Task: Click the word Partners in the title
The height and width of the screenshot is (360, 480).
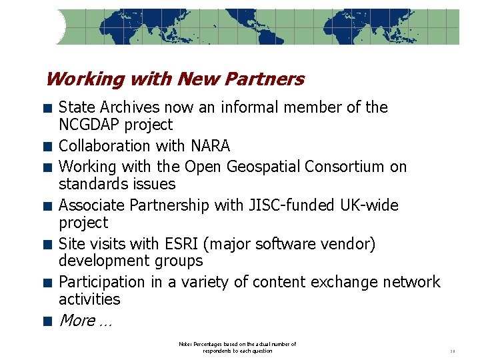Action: coord(265,79)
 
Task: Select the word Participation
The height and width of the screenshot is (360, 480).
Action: coord(102,282)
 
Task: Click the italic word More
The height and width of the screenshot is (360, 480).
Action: coord(77,321)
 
